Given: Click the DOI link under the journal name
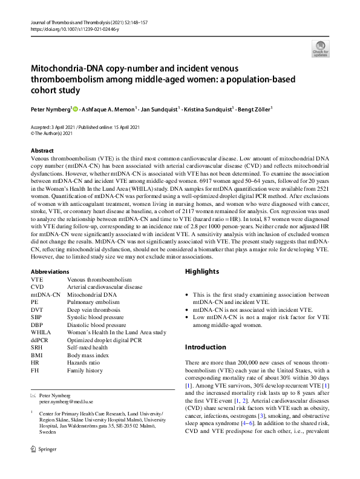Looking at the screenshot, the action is [x=67, y=28].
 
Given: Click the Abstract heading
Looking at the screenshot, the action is [x=42, y=151].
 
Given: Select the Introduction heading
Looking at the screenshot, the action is [x=204, y=347].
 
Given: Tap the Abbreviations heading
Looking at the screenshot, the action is [x=50, y=272].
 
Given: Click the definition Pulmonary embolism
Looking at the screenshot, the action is [x=93, y=302].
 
